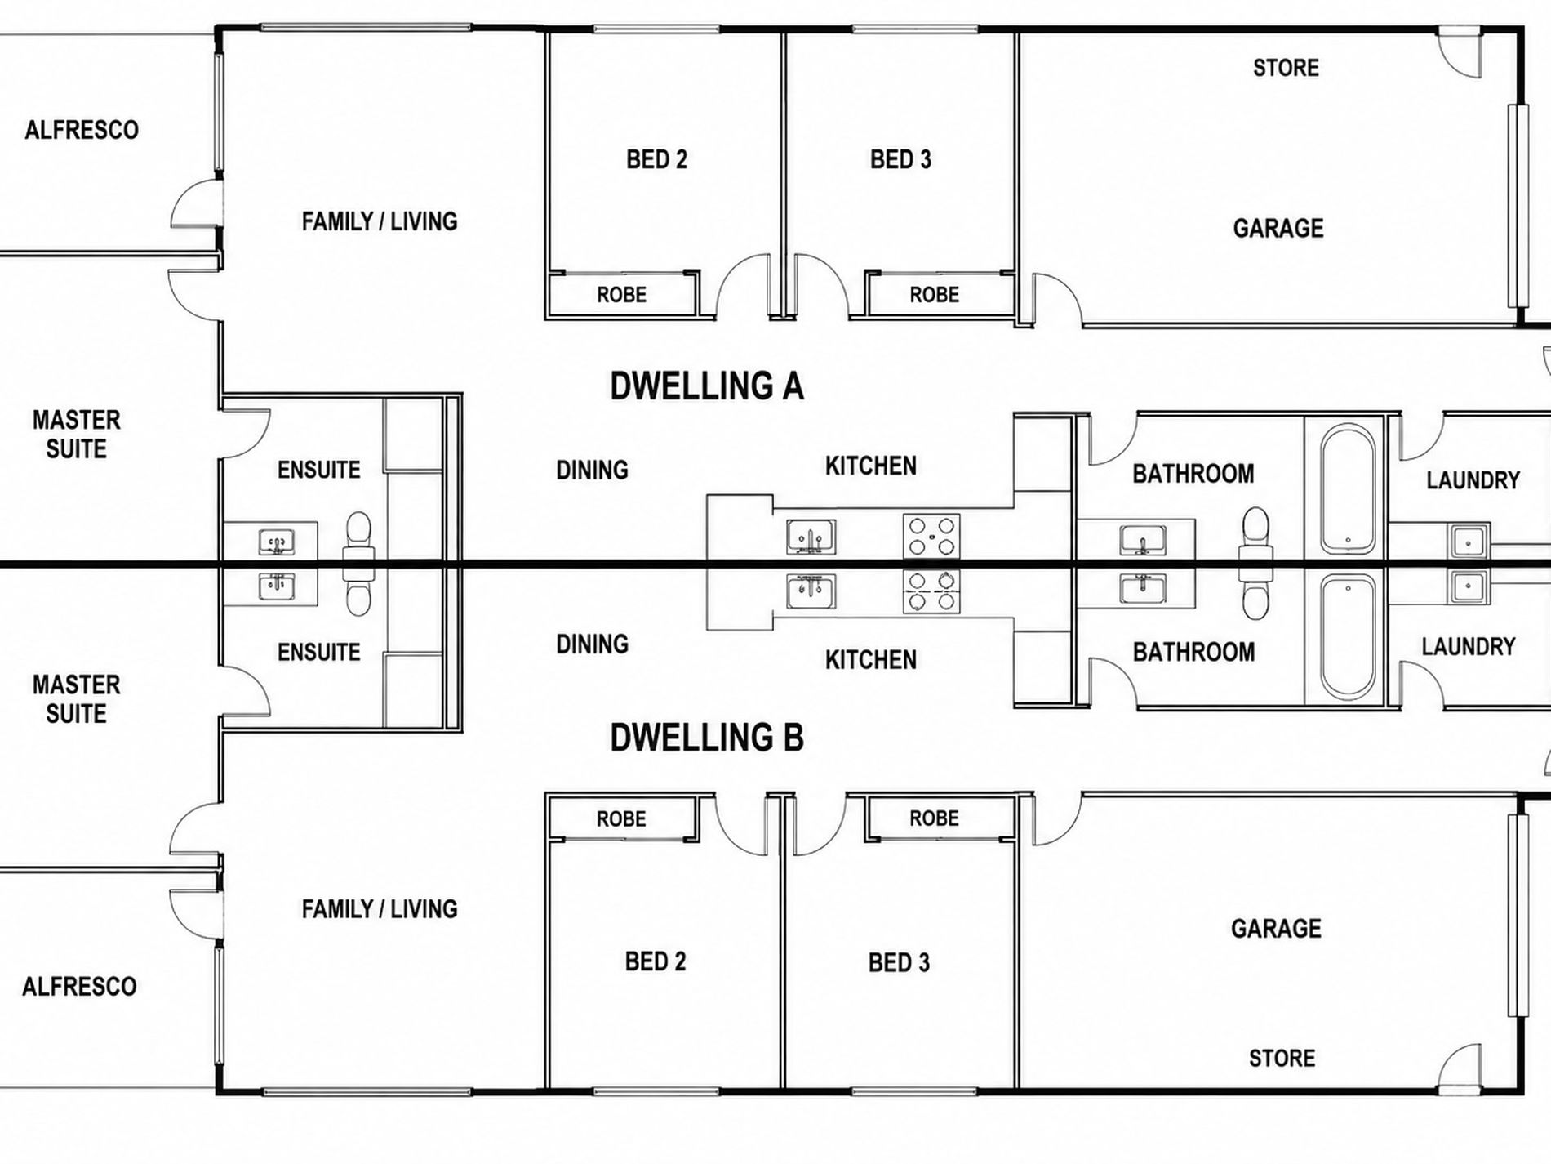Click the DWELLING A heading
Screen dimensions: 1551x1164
[707, 386]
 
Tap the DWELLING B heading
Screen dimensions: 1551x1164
[707, 737]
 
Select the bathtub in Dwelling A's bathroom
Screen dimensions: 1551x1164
[1347, 488]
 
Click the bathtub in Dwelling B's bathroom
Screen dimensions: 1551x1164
[1347, 637]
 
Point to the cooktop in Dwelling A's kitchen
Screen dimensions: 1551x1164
[931, 536]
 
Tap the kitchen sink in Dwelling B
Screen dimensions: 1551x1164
[811, 591]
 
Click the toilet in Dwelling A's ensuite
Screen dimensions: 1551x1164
[358, 535]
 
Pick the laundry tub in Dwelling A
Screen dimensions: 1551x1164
[1469, 540]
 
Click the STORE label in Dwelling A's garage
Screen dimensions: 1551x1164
[1286, 67]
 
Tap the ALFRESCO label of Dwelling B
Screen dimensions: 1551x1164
[79, 986]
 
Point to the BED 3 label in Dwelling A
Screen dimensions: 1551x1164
[900, 159]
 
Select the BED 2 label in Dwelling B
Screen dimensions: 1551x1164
[656, 961]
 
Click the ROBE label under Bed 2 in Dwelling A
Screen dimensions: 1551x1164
[621, 294]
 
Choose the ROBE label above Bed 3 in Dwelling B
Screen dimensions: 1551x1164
[935, 818]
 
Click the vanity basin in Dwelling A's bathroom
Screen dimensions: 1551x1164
[1142, 540]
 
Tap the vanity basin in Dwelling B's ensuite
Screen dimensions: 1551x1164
[277, 586]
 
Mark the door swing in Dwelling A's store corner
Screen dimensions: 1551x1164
[1458, 51]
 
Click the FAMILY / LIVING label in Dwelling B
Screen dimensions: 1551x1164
[380, 908]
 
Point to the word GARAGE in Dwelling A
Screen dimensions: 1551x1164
[1278, 228]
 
